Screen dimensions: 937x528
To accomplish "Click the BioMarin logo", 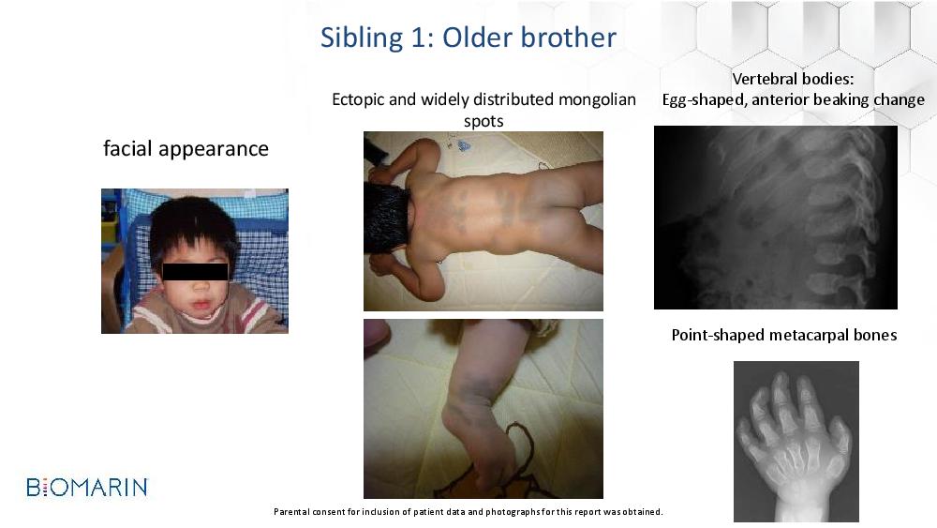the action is [x=87, y=487].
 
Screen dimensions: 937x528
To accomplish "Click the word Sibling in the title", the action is [x=361, y=38].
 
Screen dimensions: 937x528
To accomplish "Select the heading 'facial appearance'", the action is [x=186, y=149].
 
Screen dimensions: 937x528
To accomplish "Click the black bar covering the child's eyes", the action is [x=195, y=271].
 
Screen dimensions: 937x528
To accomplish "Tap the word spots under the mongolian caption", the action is [x=483, y=121].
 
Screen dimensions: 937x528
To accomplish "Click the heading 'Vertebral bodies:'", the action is [x=793, y=79].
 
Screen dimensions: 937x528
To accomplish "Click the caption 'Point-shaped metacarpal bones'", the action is [x=784, y=335].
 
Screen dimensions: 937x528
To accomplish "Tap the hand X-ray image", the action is [x=796, y=442].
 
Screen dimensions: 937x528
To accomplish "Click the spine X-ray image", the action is [x=776, y=217].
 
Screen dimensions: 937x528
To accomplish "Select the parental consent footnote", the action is [x=468, y=512].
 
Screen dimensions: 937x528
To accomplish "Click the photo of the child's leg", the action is [x=483, y=408].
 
